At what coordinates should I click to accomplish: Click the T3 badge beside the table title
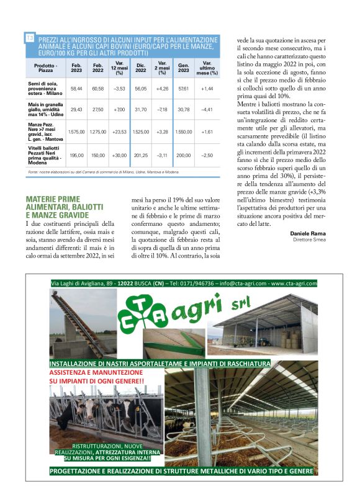coord(29,38)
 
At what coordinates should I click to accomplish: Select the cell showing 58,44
coord(76,89)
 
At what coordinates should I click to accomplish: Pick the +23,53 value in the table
coord(119,132)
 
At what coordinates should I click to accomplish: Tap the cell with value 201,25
coord(141,155)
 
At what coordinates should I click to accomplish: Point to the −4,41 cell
coord(207,109)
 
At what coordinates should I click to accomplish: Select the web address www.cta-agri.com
coord(294,283)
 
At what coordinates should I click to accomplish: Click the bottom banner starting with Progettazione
coord(181,472)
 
